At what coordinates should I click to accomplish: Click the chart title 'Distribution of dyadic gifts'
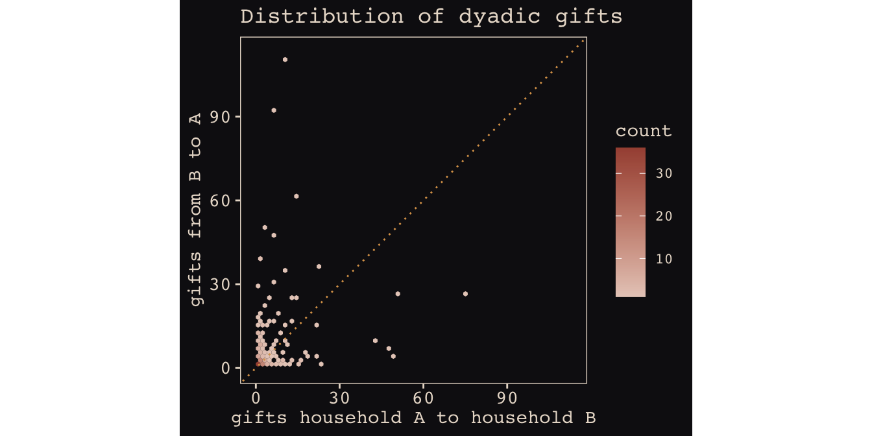[x=431, y=16]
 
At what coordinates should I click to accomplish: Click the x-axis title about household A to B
[x=413, y=418]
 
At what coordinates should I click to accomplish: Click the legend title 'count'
[x=643, y=131]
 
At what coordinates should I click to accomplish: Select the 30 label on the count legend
[x=664, y=174]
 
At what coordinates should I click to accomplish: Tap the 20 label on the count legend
[x=664, y=217]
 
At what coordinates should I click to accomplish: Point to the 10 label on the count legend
[x=664, y=259]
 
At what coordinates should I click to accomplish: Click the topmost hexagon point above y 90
[x=285, y=60]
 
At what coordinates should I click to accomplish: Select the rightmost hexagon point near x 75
[x=465, y=294]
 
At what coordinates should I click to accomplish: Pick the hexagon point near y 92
[x=274, y=110]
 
